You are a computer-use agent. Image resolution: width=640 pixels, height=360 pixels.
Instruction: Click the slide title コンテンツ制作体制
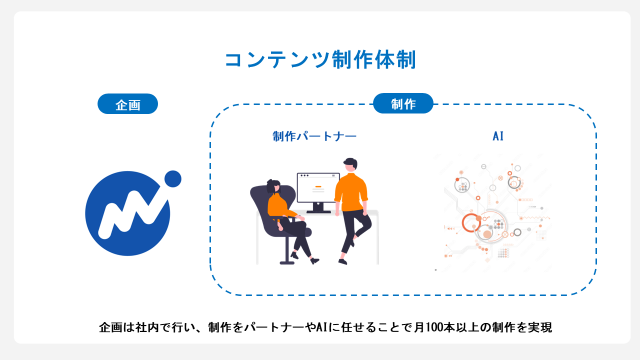click(x=320, y=60)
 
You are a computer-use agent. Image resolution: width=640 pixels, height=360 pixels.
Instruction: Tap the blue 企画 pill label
click(x=127, y=104)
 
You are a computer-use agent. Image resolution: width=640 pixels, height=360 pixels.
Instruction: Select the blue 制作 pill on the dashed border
click(x=403, y=103)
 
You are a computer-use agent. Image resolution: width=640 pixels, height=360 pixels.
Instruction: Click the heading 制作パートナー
click(x=314, y=136)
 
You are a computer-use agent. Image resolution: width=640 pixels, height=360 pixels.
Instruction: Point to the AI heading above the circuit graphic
click(x=498, y=136)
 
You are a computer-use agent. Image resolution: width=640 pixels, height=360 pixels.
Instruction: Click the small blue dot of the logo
click(x=172, y=178)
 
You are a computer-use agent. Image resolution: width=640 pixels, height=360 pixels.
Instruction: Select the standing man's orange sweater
click(x=351, y=192)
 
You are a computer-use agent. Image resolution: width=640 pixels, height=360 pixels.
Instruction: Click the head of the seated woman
click(x=273, y=186)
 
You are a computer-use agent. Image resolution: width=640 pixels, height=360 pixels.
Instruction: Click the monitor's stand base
click(x=318, y=211)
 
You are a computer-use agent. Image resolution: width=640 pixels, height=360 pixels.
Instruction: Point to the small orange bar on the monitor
click(x=318, y=186)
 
